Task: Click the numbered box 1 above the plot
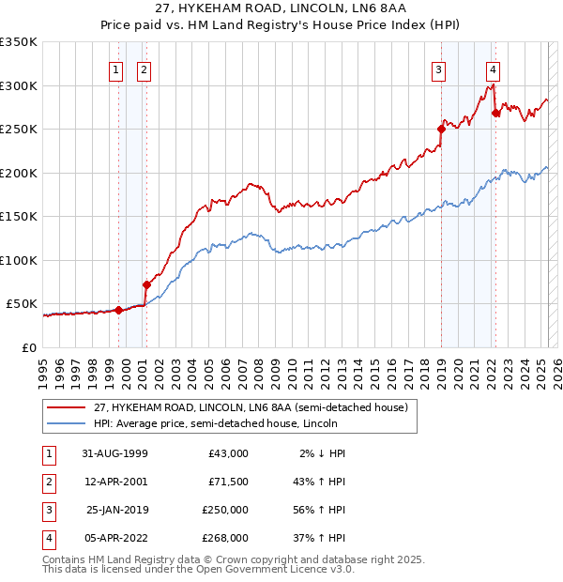point(115,69)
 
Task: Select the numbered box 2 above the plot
point(144,69)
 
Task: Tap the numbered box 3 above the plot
point(438,69)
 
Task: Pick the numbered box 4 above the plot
point(493,69)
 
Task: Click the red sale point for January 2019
point(441,129)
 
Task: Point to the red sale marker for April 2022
point(495,113)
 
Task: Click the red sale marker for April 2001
point(146,284)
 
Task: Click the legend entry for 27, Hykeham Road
point(250,408)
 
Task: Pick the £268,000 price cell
point(225,538)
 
